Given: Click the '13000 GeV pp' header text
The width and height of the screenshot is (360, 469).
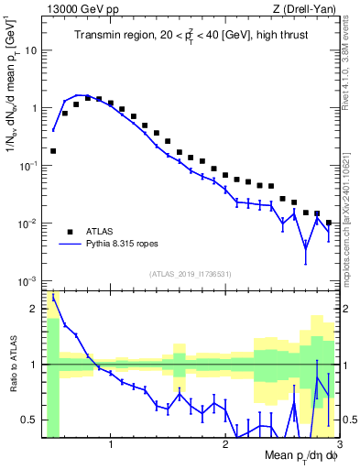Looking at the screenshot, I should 77,8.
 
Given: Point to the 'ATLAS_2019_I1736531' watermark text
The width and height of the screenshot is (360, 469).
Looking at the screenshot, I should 191,274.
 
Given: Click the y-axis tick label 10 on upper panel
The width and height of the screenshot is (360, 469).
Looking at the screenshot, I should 31,49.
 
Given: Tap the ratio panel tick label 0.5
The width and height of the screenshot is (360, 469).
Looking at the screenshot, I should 30,420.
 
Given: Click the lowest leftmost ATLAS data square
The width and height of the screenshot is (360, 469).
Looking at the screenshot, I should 53,150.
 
